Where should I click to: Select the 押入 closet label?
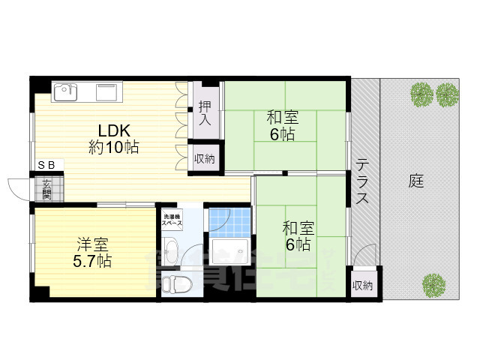[205, 114]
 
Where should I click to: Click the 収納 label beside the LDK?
[205, 158]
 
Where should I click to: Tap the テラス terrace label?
[361, 181]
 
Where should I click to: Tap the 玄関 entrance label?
[46, 188]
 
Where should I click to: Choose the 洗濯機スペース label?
[173, 221]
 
